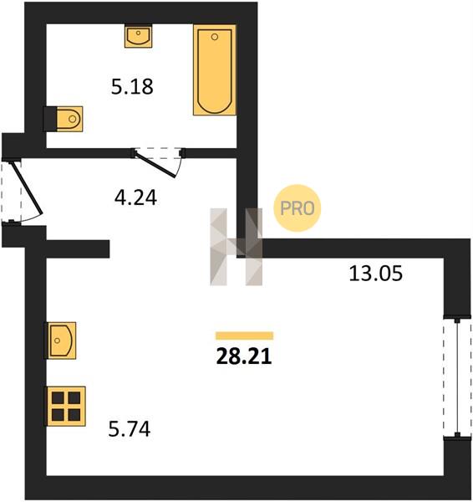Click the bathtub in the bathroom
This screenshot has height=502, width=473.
(215, 69)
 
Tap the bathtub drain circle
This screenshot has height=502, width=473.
(215, 37)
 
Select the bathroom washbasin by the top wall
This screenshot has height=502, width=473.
(138, 36)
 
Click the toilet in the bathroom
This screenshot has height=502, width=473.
(69, 119)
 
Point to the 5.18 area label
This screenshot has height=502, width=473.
(132, 87)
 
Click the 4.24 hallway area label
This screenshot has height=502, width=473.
(135, 197)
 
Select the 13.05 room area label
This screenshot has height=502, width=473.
(375, 274)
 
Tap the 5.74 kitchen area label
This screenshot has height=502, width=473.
(130, 429)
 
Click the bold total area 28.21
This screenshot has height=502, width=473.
(244, 356)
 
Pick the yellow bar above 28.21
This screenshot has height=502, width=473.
(245, 336)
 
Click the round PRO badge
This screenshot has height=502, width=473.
(298, 208)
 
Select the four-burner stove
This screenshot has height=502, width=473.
(66, 407)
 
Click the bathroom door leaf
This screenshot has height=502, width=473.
(155, 165)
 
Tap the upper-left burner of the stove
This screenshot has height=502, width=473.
(58, 398)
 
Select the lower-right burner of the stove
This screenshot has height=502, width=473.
(74, 415)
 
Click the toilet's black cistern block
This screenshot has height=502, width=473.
(50, 119)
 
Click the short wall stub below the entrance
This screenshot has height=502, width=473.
(78, 248)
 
